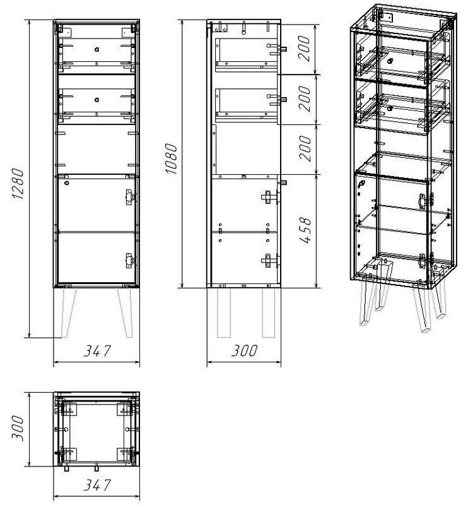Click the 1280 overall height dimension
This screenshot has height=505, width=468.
point(18,184)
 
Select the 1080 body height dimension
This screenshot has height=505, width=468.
point(171,159)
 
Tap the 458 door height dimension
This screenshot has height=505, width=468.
point(305,230)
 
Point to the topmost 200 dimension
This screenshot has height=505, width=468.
point(303,49)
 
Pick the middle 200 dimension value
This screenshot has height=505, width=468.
point(304,99)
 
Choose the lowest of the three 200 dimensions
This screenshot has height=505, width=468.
point(305,148)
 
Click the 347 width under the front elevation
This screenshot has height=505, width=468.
point(97,351)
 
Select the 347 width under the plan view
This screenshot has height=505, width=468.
point(97,485)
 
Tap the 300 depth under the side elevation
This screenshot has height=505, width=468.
point(245,351)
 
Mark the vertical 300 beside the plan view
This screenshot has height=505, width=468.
point(18,429)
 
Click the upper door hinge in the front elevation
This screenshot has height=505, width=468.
point(130,197)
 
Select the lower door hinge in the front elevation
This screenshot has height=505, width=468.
point(130,261)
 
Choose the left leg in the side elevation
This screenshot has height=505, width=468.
point(224,312)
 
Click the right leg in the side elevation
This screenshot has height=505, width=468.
point(269,312)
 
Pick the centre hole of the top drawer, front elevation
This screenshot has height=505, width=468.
point(97,49)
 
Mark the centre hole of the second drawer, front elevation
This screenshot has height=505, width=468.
point(97,100)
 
